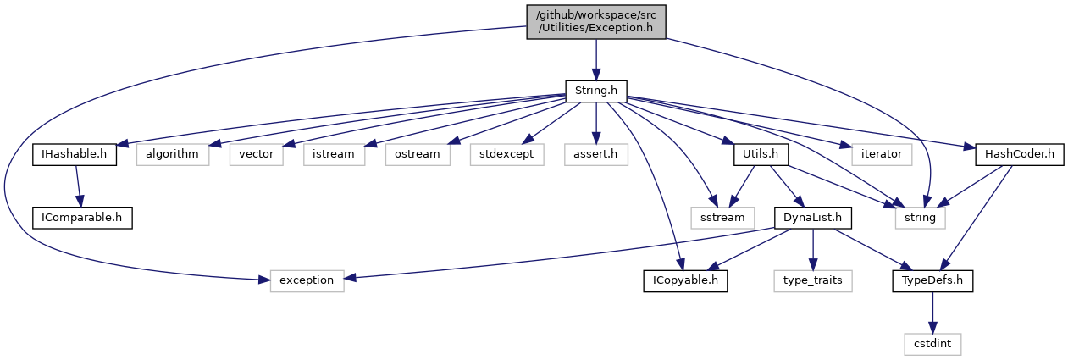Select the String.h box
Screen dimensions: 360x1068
pos(595,89)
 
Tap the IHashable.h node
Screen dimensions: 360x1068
pos(75,154)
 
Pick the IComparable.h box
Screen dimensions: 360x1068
pos(82,217)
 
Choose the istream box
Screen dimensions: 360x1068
pos(334,154)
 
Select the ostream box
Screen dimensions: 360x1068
pos(417,154)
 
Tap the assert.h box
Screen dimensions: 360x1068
pos(596,154)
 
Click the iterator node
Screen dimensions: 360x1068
pos(882,154)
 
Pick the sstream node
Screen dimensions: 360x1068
pos(722,217)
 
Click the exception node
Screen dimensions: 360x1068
pos(307,280)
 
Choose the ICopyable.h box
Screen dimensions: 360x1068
pos(683,280)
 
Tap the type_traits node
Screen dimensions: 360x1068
pos(812,280)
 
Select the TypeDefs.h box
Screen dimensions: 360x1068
pos(932,280)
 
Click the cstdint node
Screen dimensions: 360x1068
pos(932,343)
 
